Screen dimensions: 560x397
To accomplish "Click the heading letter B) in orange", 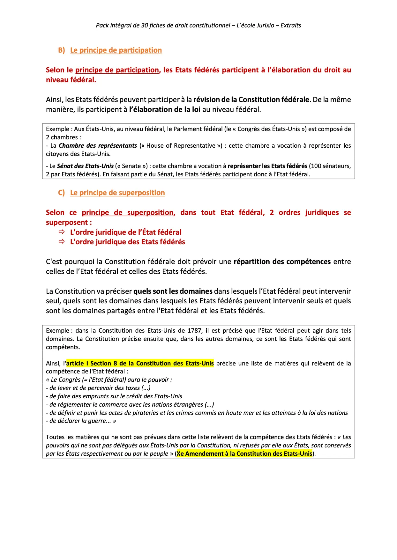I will coord(61,50).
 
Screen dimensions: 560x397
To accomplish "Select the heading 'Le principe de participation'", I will coord(116,50).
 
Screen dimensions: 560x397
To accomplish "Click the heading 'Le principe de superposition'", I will coord(117,193).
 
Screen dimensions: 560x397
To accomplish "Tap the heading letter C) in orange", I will coord(61,193).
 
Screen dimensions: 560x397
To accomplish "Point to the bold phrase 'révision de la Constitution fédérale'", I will coord(251,100).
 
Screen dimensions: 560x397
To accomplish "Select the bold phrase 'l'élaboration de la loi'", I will coord(165,110).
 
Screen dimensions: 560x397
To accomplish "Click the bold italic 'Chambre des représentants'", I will coord(98,146).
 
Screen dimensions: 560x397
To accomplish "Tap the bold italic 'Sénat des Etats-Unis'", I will coord(85,166).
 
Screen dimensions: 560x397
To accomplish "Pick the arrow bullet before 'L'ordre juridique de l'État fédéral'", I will coord(62,232).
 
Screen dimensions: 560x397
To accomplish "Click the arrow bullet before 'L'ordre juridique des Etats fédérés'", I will coord(62,242).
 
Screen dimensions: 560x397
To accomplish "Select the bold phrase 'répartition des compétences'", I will coord(282,262).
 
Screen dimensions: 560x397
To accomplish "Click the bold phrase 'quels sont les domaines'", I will coord(173,291).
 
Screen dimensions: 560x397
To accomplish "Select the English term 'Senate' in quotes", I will coord(131,166).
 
